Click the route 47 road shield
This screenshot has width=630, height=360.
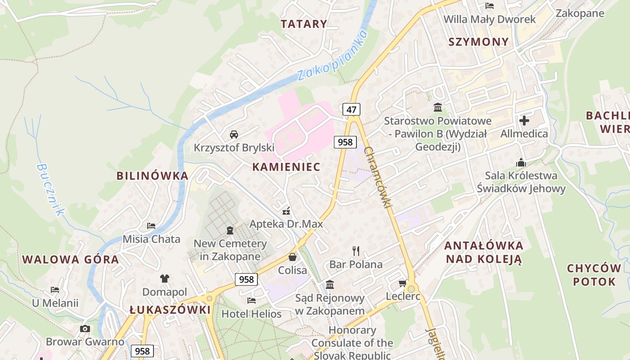(x=351, y=109)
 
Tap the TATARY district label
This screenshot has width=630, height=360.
(x=304, y=24)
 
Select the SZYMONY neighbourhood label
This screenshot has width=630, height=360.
(x=478, y=42)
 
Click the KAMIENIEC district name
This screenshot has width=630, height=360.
(x=286, y=167)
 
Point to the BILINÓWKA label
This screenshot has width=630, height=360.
(x=152, y=175)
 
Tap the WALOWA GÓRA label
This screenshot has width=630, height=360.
(x=71, y=260)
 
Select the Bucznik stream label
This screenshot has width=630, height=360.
(x=50, y=189)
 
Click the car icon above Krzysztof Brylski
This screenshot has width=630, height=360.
(x=234, y=134)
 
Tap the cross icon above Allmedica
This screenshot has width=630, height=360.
(x=524, y=121)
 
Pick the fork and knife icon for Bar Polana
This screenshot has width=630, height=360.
(x=356, y=251)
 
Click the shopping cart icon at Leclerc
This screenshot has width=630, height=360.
(x=403, y=283)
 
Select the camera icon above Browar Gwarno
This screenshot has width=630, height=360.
(x=85, y=328)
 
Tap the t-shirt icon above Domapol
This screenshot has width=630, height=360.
(x=165, y=279)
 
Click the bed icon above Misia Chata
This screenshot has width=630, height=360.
(x=151, y=225)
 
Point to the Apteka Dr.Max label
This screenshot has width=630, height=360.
(x=286, y=224)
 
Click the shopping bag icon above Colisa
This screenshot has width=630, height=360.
(x=292, y=257)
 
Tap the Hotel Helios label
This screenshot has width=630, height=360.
(x=252, y=314)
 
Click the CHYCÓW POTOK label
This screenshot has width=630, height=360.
(x=594, y=275)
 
